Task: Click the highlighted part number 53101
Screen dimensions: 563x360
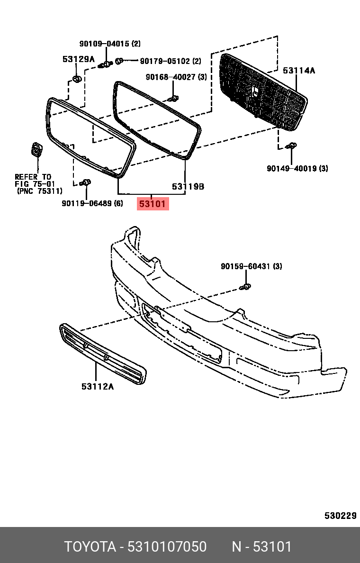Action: point(153,204)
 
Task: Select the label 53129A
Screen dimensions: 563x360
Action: point(79,59)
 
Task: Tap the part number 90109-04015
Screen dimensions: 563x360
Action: point(104,44)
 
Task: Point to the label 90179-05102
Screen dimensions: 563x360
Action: point(164,61)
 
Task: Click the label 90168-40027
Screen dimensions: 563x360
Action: point(171,77)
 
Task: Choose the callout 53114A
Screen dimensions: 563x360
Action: point(299,71)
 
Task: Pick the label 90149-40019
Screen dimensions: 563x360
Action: point(291,168)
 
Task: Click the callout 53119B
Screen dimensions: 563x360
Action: point(188,187)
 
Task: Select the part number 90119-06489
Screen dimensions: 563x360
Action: point(87,203)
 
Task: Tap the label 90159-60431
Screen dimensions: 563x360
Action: point(246,266)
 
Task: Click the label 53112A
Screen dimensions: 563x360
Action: point(98,386)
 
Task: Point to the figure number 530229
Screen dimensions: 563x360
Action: point(340,516)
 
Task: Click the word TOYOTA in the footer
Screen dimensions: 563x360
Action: point(90,547)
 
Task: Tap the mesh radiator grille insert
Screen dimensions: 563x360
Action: point(263,92)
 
